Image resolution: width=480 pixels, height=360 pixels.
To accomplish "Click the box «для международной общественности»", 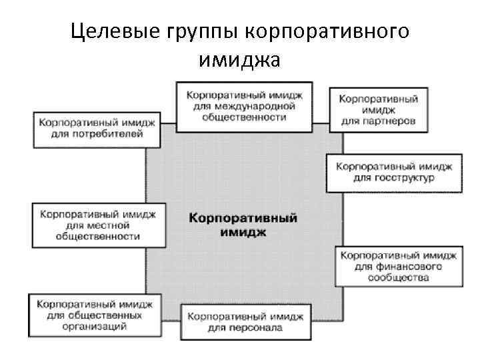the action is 244,105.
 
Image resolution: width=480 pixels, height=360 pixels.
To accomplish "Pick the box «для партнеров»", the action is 379,109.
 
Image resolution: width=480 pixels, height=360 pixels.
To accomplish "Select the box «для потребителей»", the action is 97,129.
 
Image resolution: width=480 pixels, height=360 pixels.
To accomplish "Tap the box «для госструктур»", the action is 395,172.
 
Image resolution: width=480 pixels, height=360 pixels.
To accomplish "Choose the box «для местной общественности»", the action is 98,225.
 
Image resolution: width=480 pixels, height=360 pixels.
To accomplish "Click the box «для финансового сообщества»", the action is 399,266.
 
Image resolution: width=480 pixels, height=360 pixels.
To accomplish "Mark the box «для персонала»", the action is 244,321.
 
